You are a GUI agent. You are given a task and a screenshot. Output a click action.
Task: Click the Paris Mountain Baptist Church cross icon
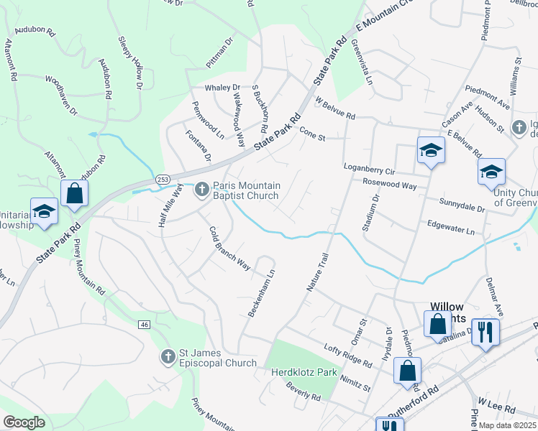[202, 189]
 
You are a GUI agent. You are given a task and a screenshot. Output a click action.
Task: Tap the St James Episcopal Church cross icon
[168, 356]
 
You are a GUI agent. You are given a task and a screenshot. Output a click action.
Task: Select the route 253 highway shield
[160, 177]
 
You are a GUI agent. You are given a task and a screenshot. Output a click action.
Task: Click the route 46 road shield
[145, 325]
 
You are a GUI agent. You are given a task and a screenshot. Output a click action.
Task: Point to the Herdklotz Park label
[304, 373]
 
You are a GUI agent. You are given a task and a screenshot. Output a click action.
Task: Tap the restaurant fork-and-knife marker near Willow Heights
[485, 332]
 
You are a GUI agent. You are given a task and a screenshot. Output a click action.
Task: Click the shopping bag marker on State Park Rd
[74, 193]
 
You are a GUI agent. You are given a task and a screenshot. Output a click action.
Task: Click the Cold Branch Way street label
[229, 249]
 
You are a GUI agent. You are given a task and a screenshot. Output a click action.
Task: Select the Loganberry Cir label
[370, 171]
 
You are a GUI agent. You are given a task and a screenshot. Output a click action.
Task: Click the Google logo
[24, 422]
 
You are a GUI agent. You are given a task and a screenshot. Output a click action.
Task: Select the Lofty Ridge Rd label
[347, 355]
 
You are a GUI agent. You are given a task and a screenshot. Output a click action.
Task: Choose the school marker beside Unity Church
[491, 172]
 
